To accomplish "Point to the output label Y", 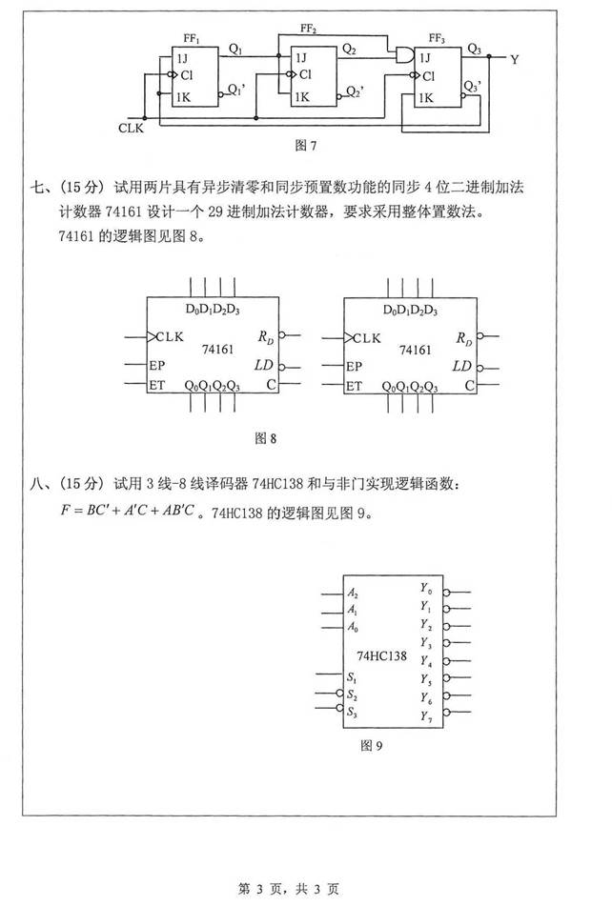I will click(x=515, y=59).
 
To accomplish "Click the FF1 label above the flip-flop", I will click(x=193, y=39).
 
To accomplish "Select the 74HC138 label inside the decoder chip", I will click(x=380, y=656).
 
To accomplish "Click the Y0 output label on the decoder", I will click(x=425, y=591).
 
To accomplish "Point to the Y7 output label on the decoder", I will click(x=425, y=715).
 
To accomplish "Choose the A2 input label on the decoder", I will click(x=354, y=592).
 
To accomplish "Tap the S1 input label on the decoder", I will click(x=353, y=678).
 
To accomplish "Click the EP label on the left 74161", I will click(x=158, y=366).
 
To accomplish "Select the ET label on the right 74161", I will click(x=354, y=386).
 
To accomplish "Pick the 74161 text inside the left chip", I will click(x=218, y=350).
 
